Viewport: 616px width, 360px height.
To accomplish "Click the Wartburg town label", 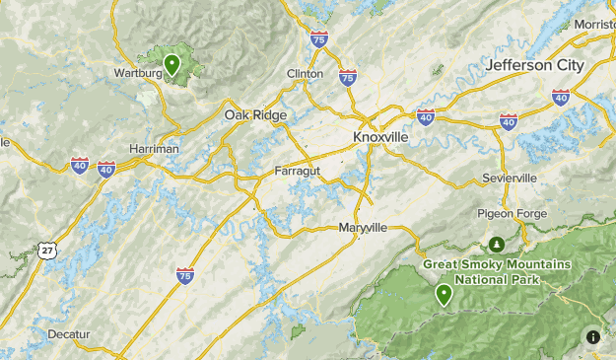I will pyautogui.click(x=138, y=73).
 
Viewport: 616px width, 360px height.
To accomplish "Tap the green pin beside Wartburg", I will pyautogui.click(x=171, y=65).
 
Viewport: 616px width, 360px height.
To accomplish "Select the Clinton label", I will pyautogui.click(x=305, y=74).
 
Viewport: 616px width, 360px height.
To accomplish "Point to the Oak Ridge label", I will pyautogui.click(x=255, y=115).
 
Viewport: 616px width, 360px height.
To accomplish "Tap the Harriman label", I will pyautogui.click(x=155, y=148).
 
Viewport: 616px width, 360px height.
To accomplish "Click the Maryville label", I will pyautogui.click(x=363, y=227).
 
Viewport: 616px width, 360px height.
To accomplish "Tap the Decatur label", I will pyautogui.click(x=69, y=334).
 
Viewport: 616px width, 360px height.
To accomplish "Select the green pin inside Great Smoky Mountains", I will pyautogui.click(x=445, y=293).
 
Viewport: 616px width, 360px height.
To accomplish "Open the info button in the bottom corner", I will pyautogui.click(x=593, y=337).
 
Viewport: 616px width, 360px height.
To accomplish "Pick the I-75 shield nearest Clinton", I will pyautogui.click(x=347, y=76).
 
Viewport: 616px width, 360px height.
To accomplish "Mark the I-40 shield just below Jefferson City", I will pyautogui.click(x=561, y=97).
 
